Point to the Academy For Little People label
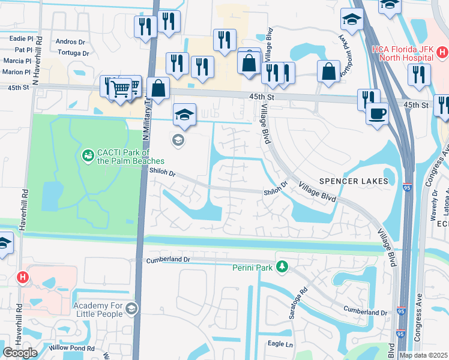pos(98,310)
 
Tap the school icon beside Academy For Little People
pos(131,309)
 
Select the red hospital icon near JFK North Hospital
pos(442,53)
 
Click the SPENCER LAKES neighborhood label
pos(358,181)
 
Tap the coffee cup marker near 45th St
pos(377,113)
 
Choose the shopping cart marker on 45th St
pos(121,89)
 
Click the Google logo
pos(20,353)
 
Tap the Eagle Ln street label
pos(281,344)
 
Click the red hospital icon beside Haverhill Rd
pos(23,277)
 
